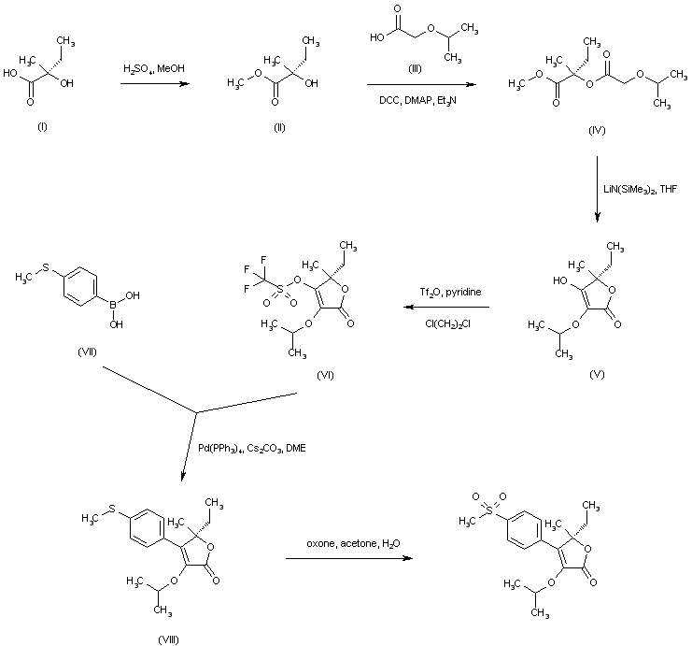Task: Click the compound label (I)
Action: pyautogui.click(x=42, y=127)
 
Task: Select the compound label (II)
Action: pyautogui.click(x=279, y=128)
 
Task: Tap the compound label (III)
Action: pyautogui.click(x=415, y=68)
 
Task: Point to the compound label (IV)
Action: pyautogui.click(x=597, y=130)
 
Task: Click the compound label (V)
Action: pyautogui.click(x=597, y=374)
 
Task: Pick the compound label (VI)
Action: pyautogui.click(x=325, y=375)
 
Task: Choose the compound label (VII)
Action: pyautogui.click(x=87, y=352)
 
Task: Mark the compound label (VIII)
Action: pyautogui.click(x=169, y=639)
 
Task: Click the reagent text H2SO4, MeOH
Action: pyautogui.click(x=154, y=68)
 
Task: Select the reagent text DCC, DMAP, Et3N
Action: pyautogui.click(x=418, y=101)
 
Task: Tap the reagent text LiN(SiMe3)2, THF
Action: pyautogui.click(x=640, y=190)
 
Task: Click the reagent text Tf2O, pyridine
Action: pyautogui.click(x=450, y=293)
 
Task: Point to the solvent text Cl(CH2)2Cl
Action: pyautogui.click(x=448, y=323)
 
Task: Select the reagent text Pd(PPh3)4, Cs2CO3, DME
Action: pyautogui.click(x=252, y=449)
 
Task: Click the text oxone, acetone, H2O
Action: pyautogui.click(x=354, y=543)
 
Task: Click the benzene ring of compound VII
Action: pyautogui.click(x=80, y=286)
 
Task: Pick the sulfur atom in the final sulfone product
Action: pyautogui.click(x=489, y=511)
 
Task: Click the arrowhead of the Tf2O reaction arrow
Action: pyautogui.click(x=408, y=307)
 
